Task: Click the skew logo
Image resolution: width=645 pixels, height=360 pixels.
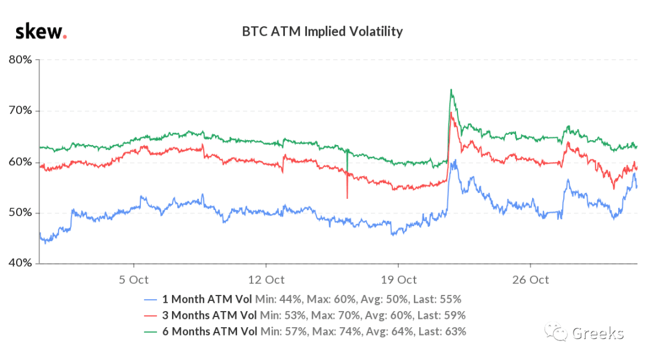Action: (41, 32)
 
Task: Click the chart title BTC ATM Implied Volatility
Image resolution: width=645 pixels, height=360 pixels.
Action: (322, 32)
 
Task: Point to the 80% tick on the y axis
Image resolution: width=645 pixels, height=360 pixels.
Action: (20, 60)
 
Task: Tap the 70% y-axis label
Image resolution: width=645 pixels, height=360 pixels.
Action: (20, 110)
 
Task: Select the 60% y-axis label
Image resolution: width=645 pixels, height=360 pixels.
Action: (20, 162)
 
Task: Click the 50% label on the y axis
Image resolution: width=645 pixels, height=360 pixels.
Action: (20, 213)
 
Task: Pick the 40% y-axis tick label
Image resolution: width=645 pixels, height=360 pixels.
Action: (20, 263)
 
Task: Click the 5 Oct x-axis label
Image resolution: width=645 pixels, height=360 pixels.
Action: (134, 280)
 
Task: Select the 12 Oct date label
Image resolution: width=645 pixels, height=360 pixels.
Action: (266, 280)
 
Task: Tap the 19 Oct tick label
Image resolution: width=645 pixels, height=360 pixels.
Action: (398, 280)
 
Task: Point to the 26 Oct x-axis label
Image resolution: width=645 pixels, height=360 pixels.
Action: (531, 280)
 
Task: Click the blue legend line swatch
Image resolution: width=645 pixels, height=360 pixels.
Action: (150, 300)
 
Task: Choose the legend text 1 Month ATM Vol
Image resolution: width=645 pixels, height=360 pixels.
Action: (207, 299)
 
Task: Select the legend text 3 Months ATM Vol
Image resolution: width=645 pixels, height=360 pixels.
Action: (210, 315)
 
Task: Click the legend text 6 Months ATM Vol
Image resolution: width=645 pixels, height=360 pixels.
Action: (210, 331)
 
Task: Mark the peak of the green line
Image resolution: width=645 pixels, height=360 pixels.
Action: (451, 90)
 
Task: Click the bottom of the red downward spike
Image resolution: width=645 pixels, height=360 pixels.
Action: (347, 198)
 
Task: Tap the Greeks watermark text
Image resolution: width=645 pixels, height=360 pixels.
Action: (598, 333)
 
